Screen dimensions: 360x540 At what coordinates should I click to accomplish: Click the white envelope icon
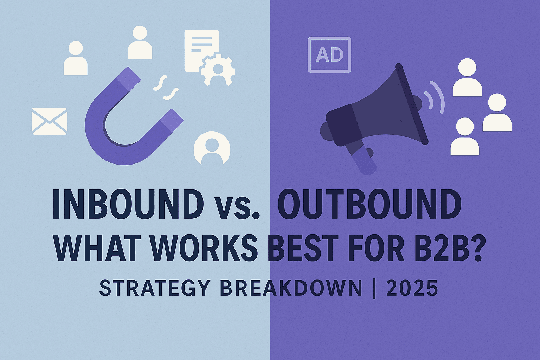pos(49,121)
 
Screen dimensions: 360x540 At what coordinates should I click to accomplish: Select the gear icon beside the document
pos(218,69)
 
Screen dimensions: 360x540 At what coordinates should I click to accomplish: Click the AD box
pos(329,55)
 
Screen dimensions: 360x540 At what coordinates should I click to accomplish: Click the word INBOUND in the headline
pos(128,204)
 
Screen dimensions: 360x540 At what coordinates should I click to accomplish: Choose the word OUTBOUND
pos(369,204)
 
